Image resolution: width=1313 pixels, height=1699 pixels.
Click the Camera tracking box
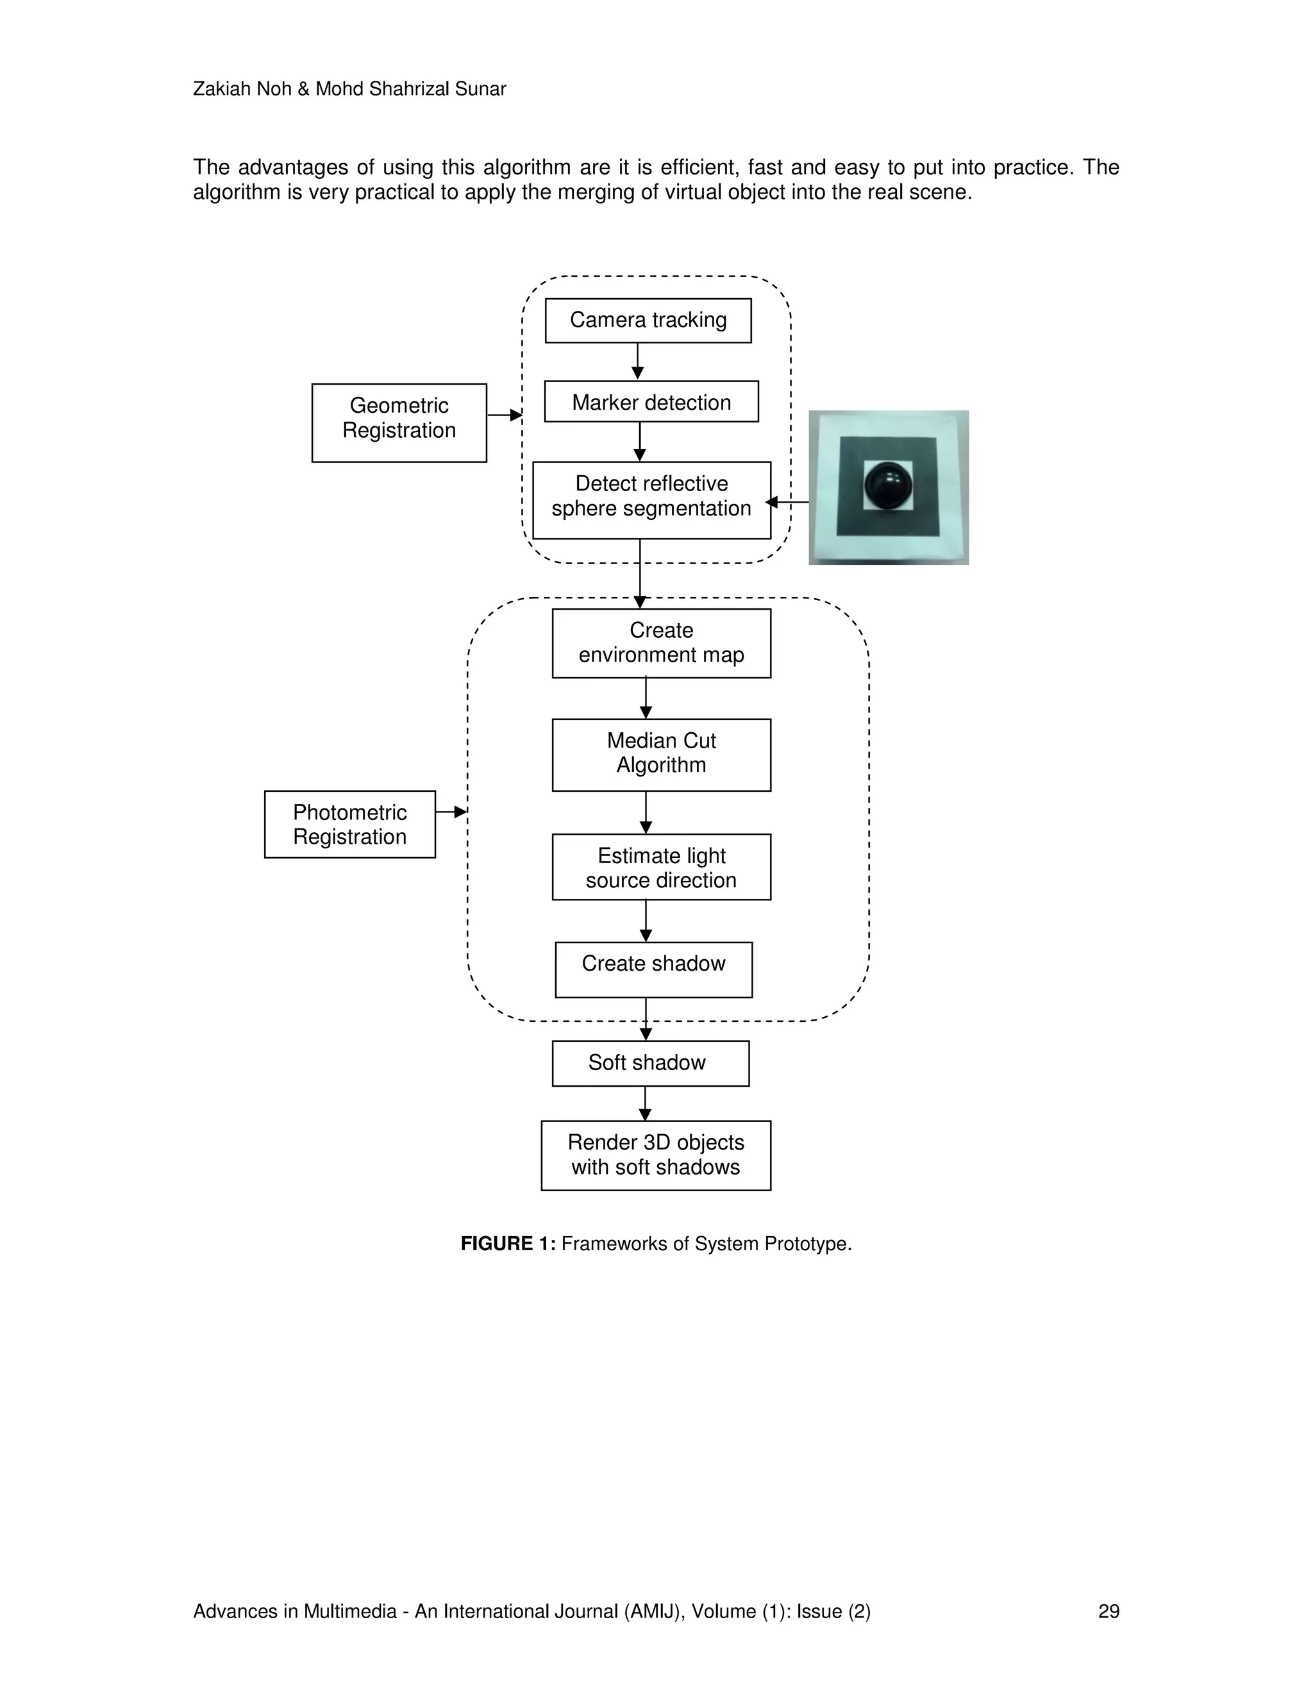[648, 321]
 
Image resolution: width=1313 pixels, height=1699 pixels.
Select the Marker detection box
[651, 402]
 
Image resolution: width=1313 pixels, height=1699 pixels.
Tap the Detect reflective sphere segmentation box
[651, 500]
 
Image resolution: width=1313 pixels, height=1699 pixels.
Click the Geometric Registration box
[399, 423]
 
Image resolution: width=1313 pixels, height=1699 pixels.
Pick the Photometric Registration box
[349, 824]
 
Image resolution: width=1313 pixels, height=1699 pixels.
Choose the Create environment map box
[661, 643]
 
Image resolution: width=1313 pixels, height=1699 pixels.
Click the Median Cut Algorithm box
[661, 755]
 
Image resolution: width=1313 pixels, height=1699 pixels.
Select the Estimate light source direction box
[661, 867]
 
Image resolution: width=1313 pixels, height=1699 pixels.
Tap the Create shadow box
[653, 969]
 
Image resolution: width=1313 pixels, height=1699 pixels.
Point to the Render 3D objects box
[656, 1155]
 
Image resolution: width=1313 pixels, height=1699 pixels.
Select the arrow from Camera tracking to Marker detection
[638, 361]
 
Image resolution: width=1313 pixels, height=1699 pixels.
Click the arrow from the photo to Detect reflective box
[787, 503]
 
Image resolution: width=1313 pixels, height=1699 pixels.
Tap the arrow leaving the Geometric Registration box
[504, 415]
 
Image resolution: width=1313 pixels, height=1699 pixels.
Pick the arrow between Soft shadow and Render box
[645, 1103]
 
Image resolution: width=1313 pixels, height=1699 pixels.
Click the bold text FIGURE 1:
[508, 1244]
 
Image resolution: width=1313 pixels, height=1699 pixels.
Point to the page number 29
[1108, 1611]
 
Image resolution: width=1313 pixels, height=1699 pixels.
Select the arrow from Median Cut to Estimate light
[646, 812]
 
